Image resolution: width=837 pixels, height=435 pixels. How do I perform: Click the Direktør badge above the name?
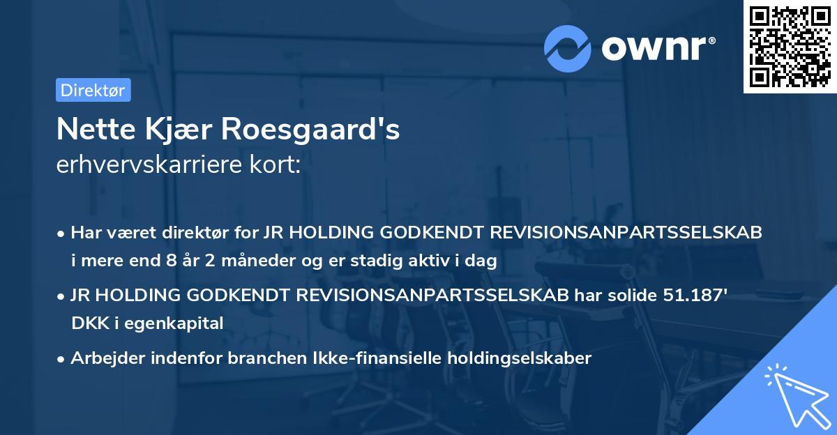pyautogui.click(x=93, y=90)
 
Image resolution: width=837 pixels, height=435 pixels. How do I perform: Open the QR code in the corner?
pyautogui.click(x=790, y=46)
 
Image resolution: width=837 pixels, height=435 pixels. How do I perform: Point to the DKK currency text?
pyautogui.click(x=86, y=323)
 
